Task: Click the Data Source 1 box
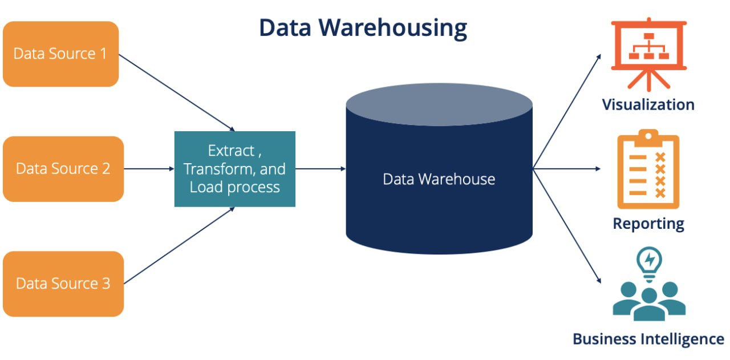point(60,54)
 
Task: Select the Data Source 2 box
point(63,169)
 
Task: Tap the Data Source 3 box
point(63,284)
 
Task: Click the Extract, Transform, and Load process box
point(234,169)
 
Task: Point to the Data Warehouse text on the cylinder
point(439,179)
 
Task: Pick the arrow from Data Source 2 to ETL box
point(148,169)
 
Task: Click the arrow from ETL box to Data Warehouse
point(320,169)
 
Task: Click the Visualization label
point(648,104)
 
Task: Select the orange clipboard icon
point(648,171)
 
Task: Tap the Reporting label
point(648,223)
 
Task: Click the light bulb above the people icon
point(648,262)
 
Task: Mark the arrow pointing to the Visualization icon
point(567,111)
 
